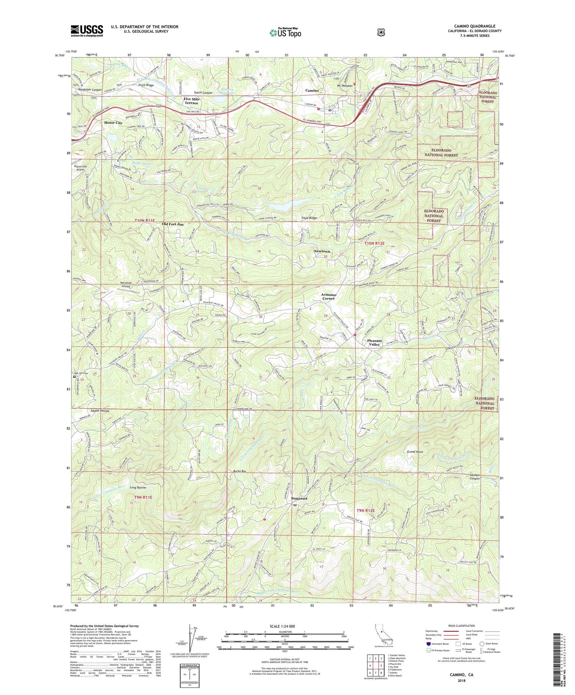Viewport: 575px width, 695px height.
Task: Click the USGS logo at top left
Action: pos(87,31)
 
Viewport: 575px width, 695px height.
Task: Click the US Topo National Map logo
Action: pos(286,33)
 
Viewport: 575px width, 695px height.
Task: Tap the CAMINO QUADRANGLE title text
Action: pos(475,26)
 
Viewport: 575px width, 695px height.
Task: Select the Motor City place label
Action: pos(113,123)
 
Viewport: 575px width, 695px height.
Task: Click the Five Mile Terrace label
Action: pos(191,101)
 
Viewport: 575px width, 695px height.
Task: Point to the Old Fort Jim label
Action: pos(172,224)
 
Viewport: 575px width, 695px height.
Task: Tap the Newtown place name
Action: pos(322,251)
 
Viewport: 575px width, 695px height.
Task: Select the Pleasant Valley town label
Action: pos(374,342)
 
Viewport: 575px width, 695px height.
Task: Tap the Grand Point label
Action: pos(415,452)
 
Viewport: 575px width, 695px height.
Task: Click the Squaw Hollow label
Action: pos(100,411)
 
